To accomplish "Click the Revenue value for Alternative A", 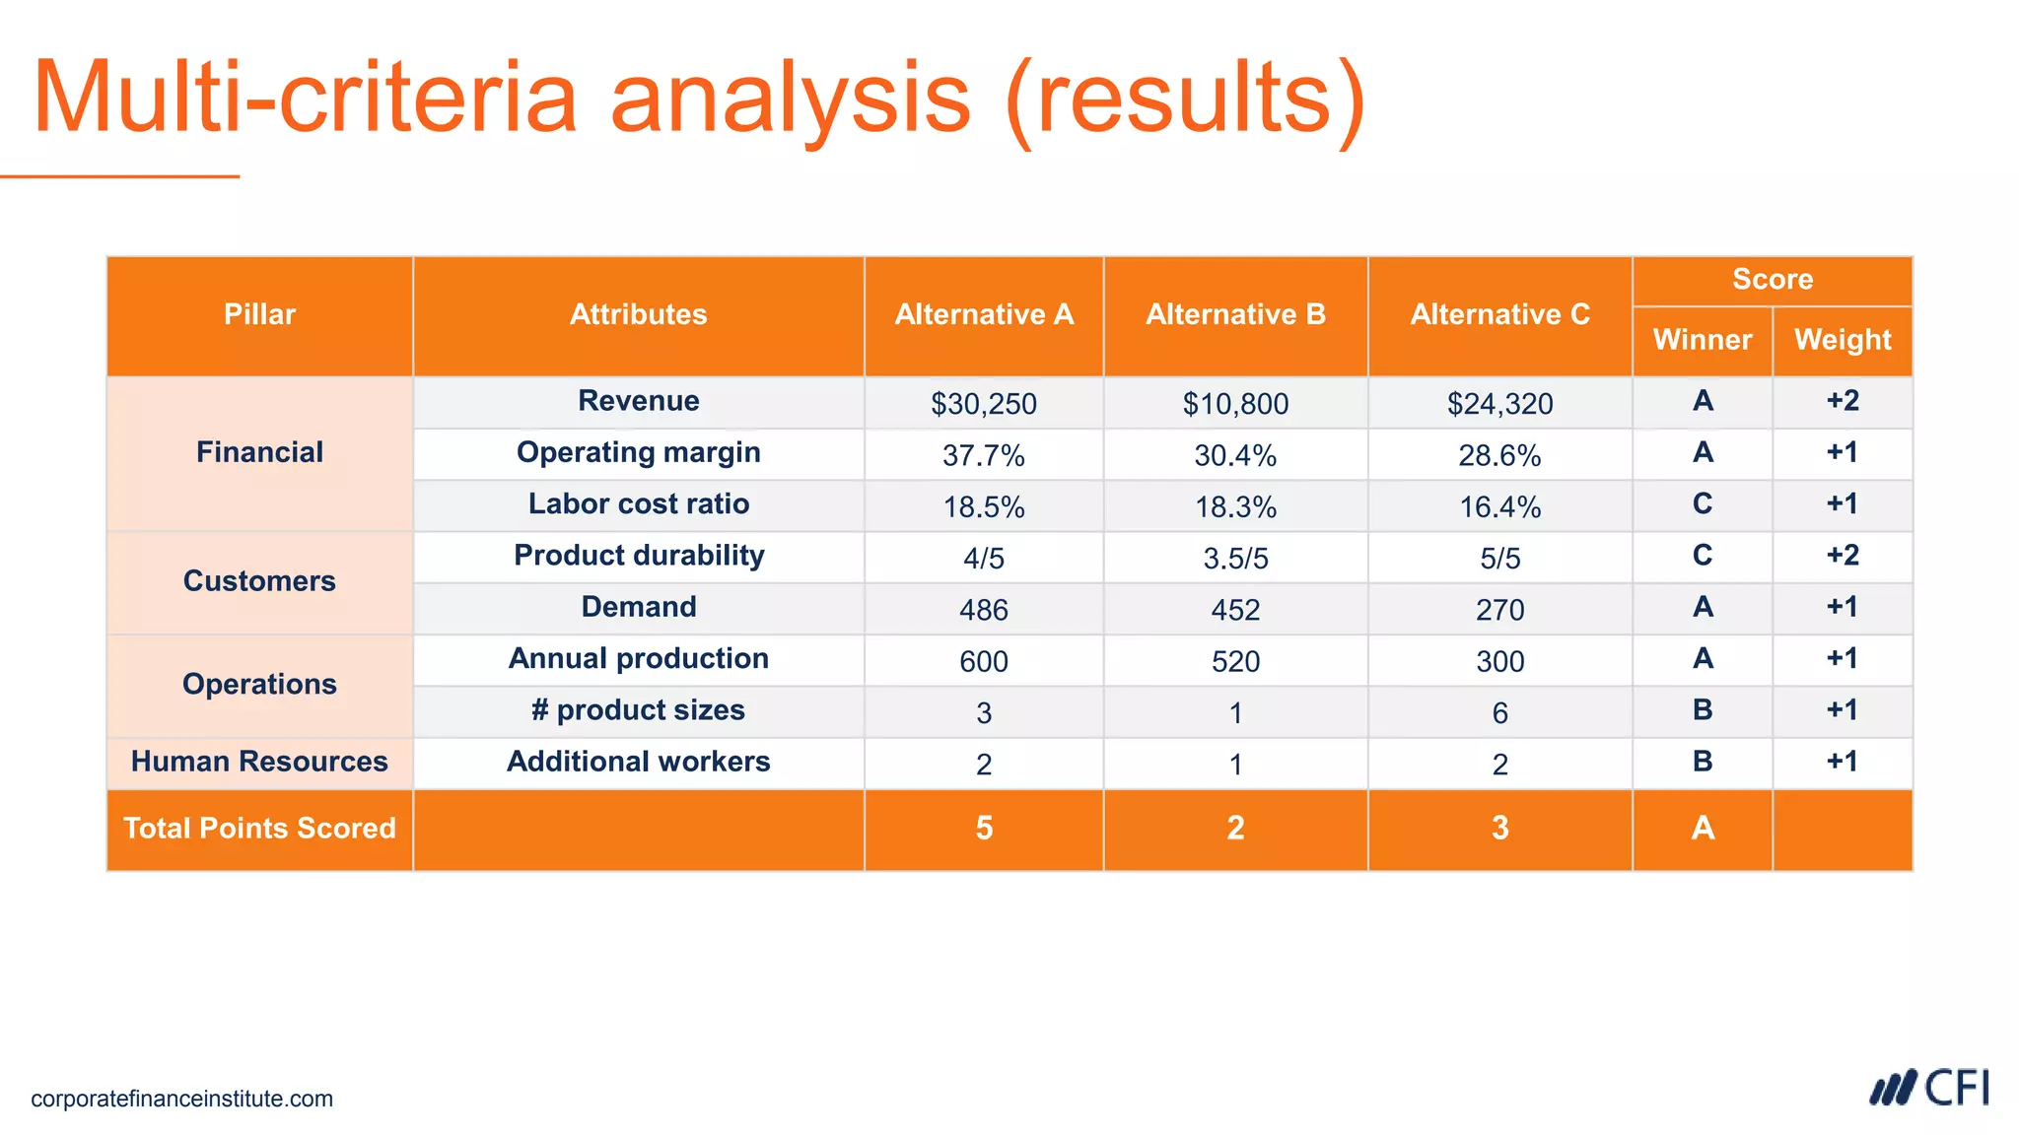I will (983, 404).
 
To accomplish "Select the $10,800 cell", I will (1235, 404).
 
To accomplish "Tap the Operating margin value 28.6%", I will (1499, 455).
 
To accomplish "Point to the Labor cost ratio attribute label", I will (638, 503).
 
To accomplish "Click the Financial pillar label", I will (259, 452).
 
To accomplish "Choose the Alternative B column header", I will (1235, 314).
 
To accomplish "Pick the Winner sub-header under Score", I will (1702, 340).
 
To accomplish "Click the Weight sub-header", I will (1842, 340).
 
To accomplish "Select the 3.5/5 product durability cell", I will (1235, 559).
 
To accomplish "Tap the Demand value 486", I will (983, 610).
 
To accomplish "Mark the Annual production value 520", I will (1235, 661).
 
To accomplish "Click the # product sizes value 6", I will (1499, 712).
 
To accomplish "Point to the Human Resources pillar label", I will (259, 762).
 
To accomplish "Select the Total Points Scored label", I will (259, 828).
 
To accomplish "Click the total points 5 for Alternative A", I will (983, 828).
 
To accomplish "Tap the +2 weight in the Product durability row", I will (1842, 555).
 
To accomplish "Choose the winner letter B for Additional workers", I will (1702, 762).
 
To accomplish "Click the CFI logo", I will (1929, 1089).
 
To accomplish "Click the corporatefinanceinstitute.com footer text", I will (181, 1099).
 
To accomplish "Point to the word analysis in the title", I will (791, 99).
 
